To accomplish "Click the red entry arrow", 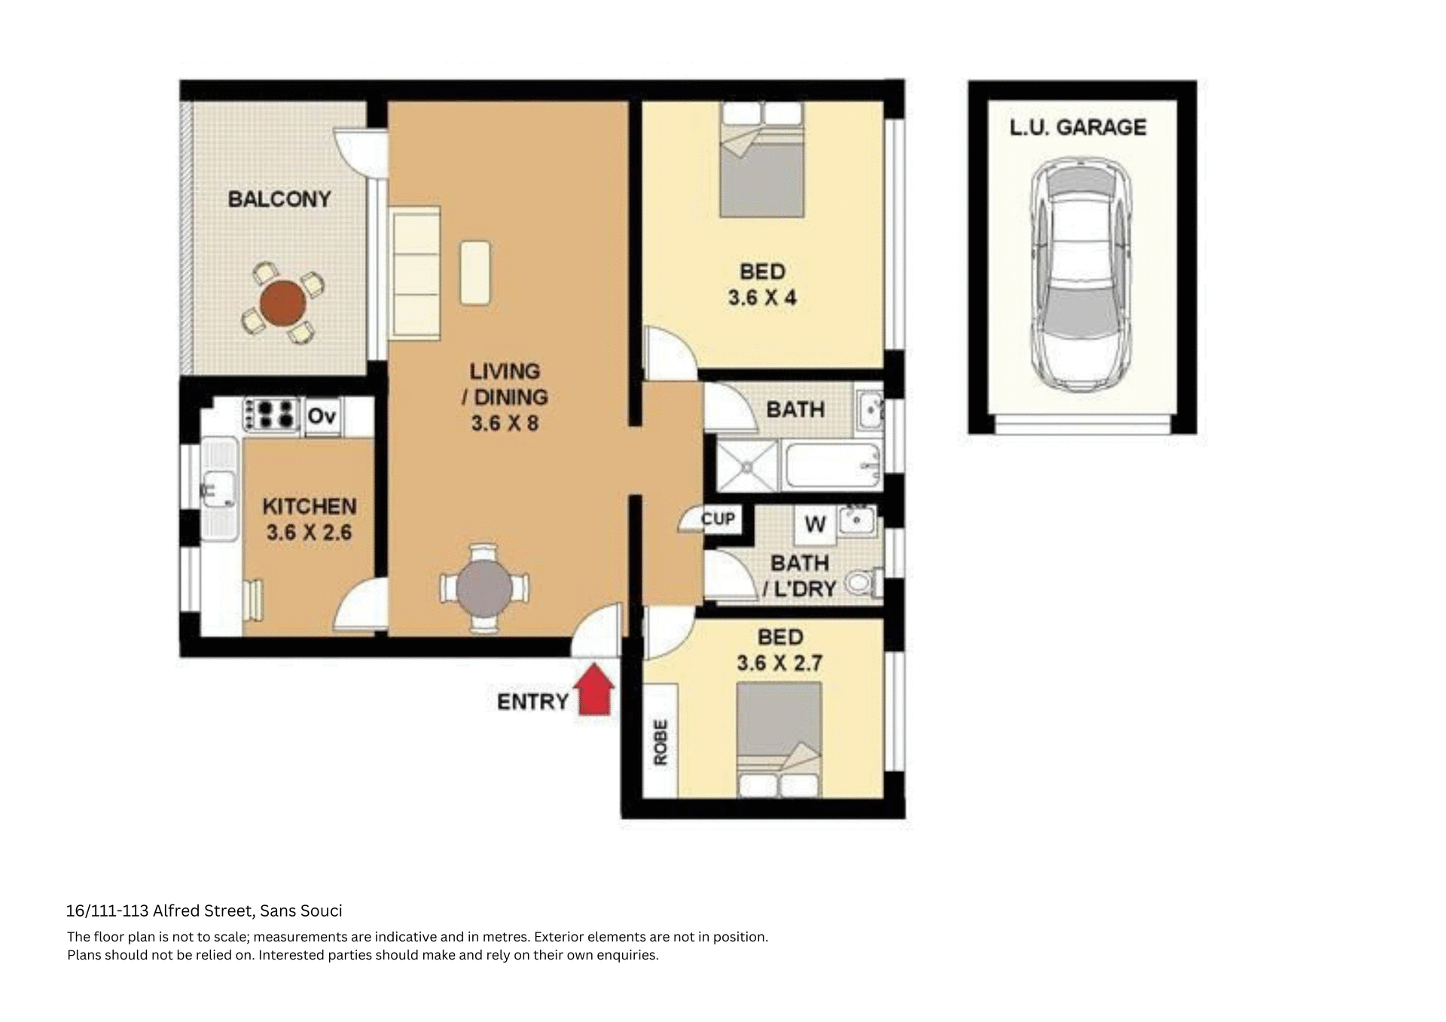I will click(x=594, y=690).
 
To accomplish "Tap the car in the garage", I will click(x=1081, y=276).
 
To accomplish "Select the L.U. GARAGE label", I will click(x=1078, y=127).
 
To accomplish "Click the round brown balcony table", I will click(x=283, y=304).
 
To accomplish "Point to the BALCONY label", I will click(x=279, y=200).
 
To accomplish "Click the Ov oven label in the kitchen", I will click(x=322, y=416).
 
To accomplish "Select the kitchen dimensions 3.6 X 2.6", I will click(x=309, y=532).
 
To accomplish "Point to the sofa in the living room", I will click(x=415, y=273).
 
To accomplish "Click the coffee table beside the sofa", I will click(x=474, y=273).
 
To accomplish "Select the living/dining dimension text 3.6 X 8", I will click(x=505, y=423).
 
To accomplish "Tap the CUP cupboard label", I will click(x=718, y=519).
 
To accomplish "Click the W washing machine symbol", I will click(x=815, y=524).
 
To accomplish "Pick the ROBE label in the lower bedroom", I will click(x=660, y=742).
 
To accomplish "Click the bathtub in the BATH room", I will click(x=832, y=466).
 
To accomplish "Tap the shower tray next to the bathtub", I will click(x=746, y=467).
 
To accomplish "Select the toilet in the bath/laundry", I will click(x=863, y=582).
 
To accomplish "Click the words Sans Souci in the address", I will click(x=300, y=911).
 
